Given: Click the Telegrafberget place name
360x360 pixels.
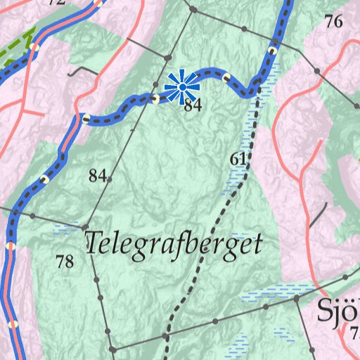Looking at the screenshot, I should click(173, 243).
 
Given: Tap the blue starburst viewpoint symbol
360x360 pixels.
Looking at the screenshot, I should click(182, 87).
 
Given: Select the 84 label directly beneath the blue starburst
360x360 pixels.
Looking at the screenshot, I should click(193, 106).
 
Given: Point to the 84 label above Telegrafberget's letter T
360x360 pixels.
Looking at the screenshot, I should click(97, 176).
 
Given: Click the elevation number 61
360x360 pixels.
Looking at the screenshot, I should click(238, 160).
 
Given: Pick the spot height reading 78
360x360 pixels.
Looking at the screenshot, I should click(65, 262).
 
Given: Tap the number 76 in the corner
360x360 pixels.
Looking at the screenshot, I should click(333, 22).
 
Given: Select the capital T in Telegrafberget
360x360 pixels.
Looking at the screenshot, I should click(94, 243).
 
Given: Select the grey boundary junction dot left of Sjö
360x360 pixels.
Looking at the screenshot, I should click(297, 300).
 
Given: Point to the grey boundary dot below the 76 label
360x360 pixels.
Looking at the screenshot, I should click(317, 72).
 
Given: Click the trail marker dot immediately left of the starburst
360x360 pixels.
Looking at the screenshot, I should click(155, 99).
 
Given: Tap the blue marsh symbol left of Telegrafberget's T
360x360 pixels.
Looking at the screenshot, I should click(67, 229).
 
